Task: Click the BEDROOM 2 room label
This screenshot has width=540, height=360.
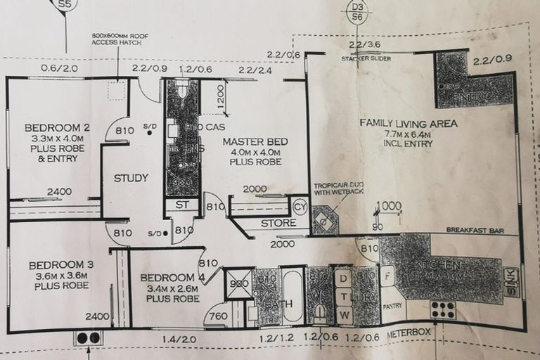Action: [x=48, y=128]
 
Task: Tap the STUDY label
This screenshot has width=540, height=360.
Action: [x=131, y=178]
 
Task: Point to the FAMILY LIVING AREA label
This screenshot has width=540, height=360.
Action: [x=409, y=123]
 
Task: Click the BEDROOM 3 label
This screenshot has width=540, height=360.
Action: [x=52, y=265]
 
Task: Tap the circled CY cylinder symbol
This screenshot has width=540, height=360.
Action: [x=300, y=207]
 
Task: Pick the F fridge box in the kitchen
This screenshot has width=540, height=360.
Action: [x=386, y=276]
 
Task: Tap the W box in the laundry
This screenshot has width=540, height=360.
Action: [x=345, y=316]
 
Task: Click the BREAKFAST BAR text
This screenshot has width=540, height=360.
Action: [x=476, y=229]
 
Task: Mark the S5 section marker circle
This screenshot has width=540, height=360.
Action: [x=65, y=4]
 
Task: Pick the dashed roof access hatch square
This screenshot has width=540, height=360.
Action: [x=117, y=90]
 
